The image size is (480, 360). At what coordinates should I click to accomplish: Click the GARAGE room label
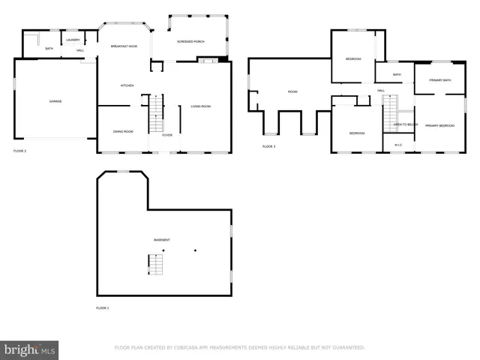pyautogui.click(x=55, y=101)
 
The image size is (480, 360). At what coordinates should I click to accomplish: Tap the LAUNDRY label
pyautogui.click(x=73, y=40)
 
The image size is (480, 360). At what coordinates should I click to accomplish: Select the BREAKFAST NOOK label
pyautogui.click(x=124, y=46)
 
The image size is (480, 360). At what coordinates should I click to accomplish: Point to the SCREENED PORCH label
pyautogui.click(x=190, y=41)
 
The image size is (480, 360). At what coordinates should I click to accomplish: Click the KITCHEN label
pyautogui.click(x=127, y=85)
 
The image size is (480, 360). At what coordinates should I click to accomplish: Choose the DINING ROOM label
pyautogui.click(x=123, y=131)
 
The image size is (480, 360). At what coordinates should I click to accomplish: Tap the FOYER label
pyautogui.click(x=166, y=135)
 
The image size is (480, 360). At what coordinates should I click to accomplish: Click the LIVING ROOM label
pyautogui.click(x=200, y=106)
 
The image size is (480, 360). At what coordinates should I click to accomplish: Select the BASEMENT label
pyautogui.click(x=161, y=240)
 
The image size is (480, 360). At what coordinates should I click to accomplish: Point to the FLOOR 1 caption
pyautogui.click(x=102, y=308)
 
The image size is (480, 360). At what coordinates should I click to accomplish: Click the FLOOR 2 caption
pyautogui.click(x=19, y=151)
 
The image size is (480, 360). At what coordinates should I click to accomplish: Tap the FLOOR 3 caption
pyautogui.click(x=268, y=146)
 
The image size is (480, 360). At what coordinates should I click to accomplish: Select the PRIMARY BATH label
pyautogui.click(x=440, y=80)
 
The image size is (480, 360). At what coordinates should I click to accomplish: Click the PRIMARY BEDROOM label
pyautogui.click(x=440, y=125)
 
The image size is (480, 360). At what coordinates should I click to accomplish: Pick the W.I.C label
pyautogui.click(x=397, y=145)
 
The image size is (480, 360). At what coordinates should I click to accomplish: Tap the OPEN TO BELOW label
pyautogui.click(x=405, y=124)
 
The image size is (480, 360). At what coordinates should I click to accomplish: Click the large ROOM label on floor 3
pyautogui.click(x=292, y=92)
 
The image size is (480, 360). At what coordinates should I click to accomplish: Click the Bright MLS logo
pyautogui.click(x=29, y=350)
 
